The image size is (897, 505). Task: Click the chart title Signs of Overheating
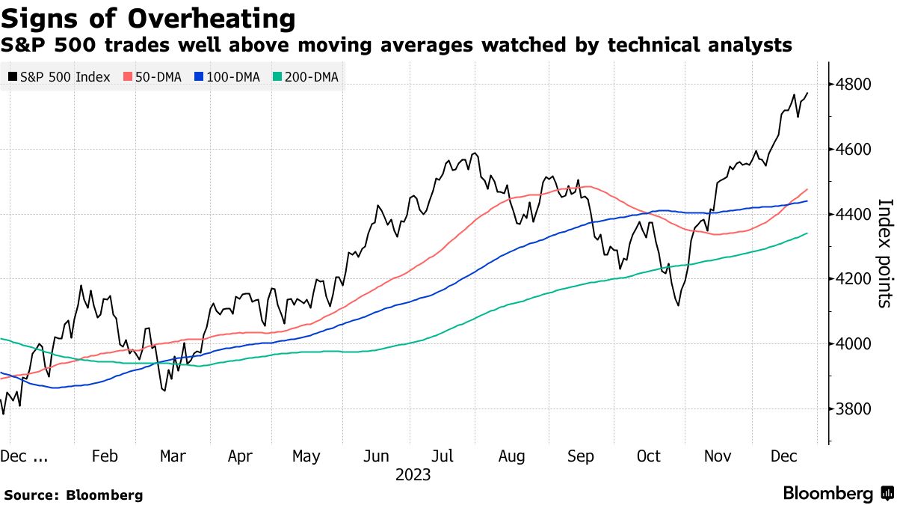point(148,17)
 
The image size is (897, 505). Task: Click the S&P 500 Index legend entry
point(59,77)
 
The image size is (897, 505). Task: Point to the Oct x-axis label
point(648,456)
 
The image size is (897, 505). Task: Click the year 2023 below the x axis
point(413,475)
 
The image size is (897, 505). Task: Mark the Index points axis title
point(884,253)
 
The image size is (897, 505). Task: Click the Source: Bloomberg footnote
point(73,495)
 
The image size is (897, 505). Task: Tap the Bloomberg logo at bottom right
point(837,494)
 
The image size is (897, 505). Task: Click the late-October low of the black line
point(678,304)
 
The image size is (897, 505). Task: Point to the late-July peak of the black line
point(474,154)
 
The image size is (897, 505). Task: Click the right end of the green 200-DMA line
point(807,233)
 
